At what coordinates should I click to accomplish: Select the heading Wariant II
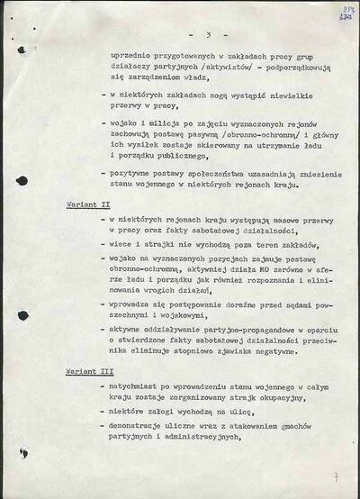(88, 205)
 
